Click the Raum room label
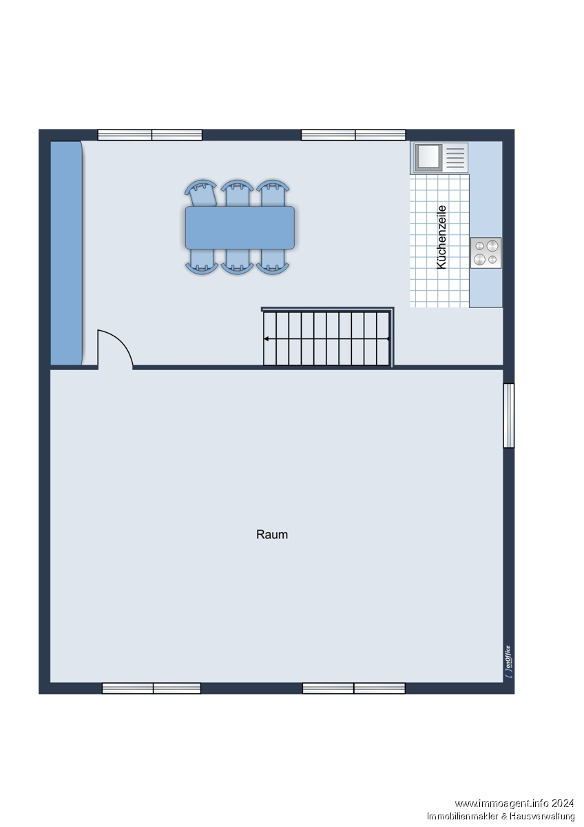(272, 535)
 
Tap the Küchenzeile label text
(441, 237)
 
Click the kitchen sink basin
(428, 158)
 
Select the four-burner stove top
(486, 253)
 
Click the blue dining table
(240, 227)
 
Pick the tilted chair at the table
(201, 193)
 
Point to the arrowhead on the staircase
(266, 338)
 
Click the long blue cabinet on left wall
(66, 254)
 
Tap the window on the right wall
(509, 416)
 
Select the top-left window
(149, 135)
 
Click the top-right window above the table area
(353, 135)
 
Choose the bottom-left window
(152, 688)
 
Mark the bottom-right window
(354, 688)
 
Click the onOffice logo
(508, 662)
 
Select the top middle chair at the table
(237, 193)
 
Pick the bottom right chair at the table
(273, 261)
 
